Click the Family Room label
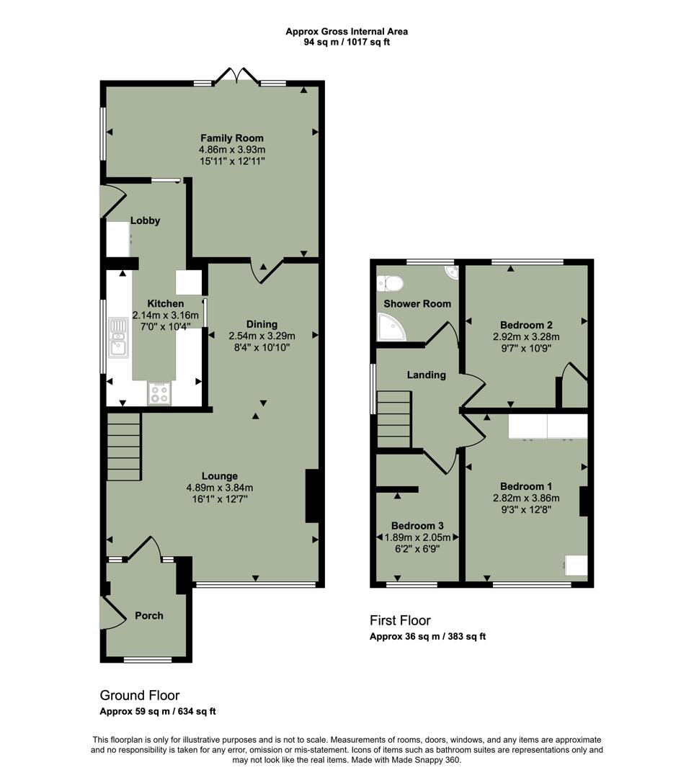click(x=231, y=138)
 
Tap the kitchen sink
click(x=117, y=339)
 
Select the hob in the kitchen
click(x=159, y=393)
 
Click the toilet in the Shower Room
click(x=389, y=283)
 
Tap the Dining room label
click(x=262, y=324)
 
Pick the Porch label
click(x=149, y=615)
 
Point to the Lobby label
click(x=145, y=220)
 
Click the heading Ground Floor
click(x=139, y=695)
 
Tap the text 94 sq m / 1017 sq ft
click(x=347, y=43)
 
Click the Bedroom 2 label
click(x=526, y=324)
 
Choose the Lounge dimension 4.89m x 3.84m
click(x=219, y=488)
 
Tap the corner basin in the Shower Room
click(x=450, y=272)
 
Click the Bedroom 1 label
click(x=526, y=485)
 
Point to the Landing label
click(x=427, y=375)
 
